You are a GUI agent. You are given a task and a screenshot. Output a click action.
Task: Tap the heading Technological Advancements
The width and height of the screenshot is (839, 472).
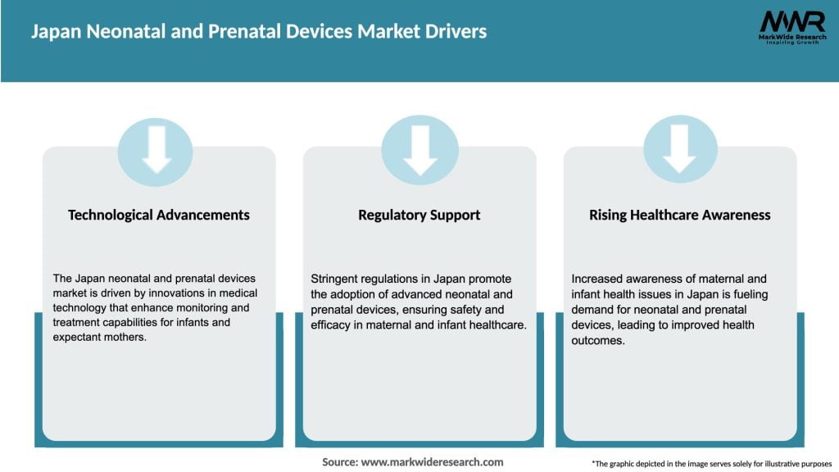coord(159,215)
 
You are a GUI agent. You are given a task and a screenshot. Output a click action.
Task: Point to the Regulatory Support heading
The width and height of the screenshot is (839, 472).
coord(419,215)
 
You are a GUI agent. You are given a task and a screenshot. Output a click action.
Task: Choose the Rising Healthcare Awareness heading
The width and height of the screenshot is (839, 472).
coord(680,215)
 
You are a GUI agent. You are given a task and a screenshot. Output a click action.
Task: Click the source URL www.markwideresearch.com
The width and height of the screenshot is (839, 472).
coord(432,462)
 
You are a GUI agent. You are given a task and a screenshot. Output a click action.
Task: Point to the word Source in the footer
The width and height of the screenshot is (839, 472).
coord(339,462)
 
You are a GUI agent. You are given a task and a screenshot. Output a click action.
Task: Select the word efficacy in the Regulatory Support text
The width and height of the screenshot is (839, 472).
coord(333,325)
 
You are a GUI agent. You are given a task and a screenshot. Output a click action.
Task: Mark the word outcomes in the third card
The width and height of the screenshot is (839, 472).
coord(598,341)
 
